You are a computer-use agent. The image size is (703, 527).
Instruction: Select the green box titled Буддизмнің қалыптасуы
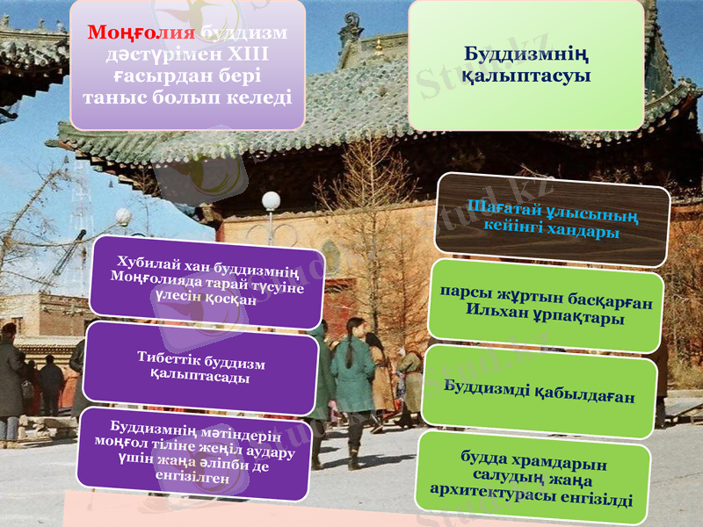point(525,65)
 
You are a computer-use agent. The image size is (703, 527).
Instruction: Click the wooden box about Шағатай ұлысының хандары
point(553,218)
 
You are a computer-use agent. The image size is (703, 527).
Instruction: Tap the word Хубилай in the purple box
point(148,261)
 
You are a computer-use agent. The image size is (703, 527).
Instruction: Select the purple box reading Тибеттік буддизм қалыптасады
point(200,368)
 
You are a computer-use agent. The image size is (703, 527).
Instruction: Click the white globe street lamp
point(271,201)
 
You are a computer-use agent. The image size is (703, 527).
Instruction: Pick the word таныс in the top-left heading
point(112,97)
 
